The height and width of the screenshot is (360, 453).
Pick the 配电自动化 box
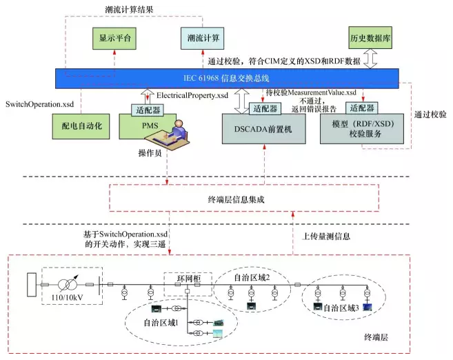pyautogui.click(x=81, y=128)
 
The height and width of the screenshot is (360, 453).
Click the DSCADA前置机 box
pyautogui.click(x=264, y=128)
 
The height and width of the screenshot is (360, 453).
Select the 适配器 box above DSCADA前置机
pyautogui.click(x=265, y=108)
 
